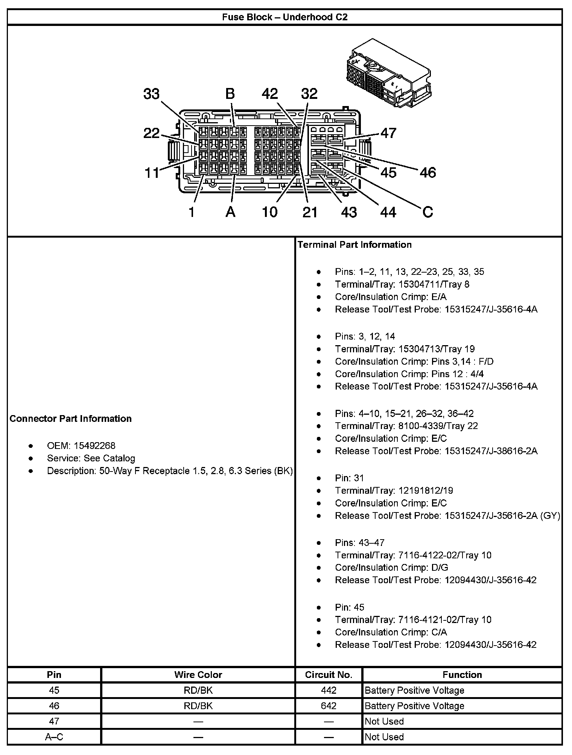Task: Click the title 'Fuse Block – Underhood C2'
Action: coord(284,17)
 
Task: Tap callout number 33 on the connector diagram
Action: coord(151,94)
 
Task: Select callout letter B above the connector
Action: coord(230,94)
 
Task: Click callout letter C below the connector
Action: coord(427,212)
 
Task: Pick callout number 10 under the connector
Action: coord(269,212)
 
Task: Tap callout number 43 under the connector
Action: coord(348,212)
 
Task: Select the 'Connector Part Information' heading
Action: coord(71,419)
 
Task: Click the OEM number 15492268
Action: coord(94,446)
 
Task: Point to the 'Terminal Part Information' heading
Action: coord(354,245)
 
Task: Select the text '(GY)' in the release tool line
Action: coord(550,515)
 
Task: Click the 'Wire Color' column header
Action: coord(198,675)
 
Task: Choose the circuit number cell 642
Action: coord(329,706)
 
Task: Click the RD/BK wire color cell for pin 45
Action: coord(198,690)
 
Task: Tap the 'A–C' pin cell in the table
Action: coord(54,737)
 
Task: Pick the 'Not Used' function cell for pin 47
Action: coord(384,721)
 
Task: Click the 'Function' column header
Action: coord(462,675)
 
